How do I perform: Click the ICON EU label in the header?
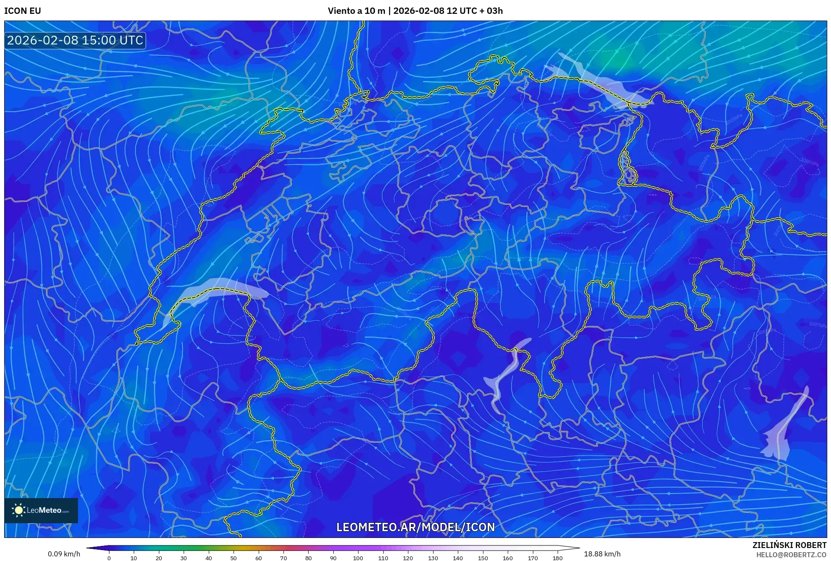point(23,11)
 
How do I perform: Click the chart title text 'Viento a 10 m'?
point(356,11)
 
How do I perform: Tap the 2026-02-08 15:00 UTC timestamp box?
point(75,40)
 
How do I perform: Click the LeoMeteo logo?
point(41,510)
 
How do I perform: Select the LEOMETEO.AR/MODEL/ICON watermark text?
point(415,527)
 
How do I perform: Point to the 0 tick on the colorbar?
point(109,558)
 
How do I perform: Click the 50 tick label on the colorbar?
point(234,558)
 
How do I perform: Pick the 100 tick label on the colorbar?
point(358,558)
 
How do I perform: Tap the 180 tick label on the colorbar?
point(557,558)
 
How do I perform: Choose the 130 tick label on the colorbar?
point(433,558)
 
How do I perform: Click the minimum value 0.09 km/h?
point(64,554)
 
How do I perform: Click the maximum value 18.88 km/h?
point(602,554)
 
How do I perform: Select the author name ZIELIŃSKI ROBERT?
point(789,545)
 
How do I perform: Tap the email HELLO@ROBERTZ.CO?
point(791,555)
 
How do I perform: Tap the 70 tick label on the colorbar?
point(283,558)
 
